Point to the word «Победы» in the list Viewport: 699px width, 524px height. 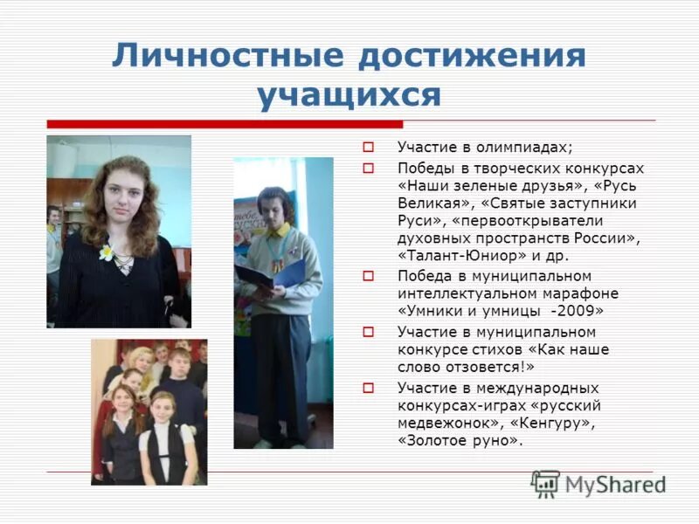pyautogui.click(x=425, y=168)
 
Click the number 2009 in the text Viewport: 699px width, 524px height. pyautogui.click(x=586, y=310)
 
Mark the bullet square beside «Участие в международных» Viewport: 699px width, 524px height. pyautogui.click(x=368, y=388)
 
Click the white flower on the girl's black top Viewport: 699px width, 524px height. pyautogui.click(x=107, y=252)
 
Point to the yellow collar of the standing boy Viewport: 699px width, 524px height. pyautogui.click(x=278, y=231)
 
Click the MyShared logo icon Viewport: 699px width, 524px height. pyautogui.click(x=545, y=484)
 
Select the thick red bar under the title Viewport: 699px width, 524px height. pyautogui.click(x=225, y=124)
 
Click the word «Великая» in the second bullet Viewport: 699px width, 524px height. pyautogui.click(x=427, y=203)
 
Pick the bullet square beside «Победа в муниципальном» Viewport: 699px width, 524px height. pyautogui.click(x=368, y=275)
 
